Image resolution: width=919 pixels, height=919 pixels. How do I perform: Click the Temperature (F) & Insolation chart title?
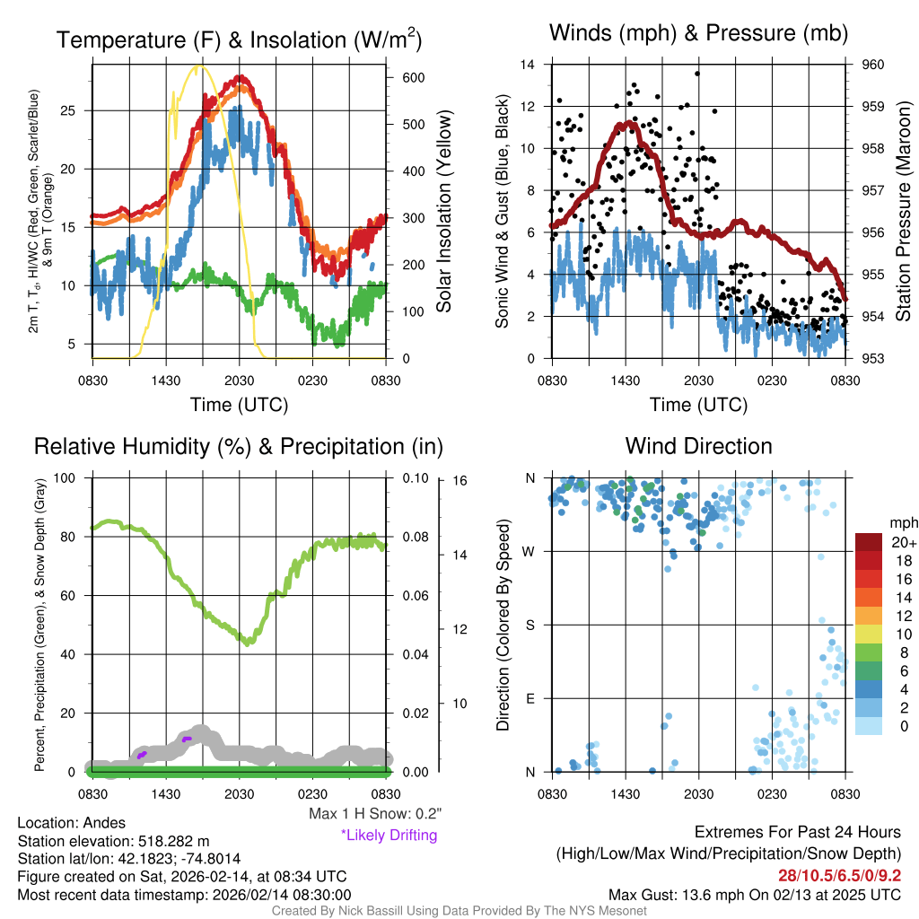click(239, 39)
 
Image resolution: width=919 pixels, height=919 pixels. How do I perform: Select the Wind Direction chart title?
click(698, 446)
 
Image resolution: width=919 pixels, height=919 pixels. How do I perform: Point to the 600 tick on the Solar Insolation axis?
click(412, 78)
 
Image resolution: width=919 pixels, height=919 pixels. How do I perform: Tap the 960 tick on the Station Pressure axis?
click(872, 65)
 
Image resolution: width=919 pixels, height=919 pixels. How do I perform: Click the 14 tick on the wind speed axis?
click(528, 65)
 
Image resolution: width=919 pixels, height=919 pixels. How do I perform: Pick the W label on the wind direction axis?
click(530, 551)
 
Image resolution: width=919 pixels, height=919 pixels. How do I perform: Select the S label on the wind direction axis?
click(530, 625)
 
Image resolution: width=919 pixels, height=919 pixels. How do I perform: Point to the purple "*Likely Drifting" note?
click(389, 835)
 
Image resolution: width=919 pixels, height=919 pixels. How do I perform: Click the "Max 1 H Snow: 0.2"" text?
click(375, 814)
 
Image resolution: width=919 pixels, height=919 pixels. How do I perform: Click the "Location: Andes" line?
click(72, 823)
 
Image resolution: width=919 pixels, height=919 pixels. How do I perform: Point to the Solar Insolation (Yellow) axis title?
click(443, 212)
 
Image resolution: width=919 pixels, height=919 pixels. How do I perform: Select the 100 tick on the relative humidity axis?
click(70, 477)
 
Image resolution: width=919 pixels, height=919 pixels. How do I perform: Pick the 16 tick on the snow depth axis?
click(459, 481)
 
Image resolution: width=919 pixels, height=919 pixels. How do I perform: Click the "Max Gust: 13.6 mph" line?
click(754, 894)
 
